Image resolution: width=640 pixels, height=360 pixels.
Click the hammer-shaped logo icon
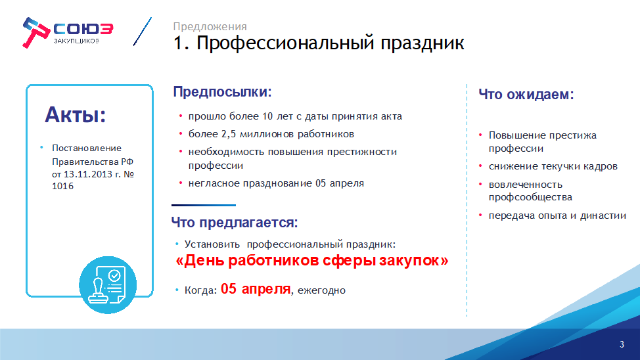pyautogui.click(x=36, y=32)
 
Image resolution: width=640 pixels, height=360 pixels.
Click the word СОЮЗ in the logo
pyautogui.click(x=83, y=29)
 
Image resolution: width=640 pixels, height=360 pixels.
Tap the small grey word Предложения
pyautogui.click(x=210, y=26)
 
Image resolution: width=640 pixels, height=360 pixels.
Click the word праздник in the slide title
pyautogui.click(x=422, y=43)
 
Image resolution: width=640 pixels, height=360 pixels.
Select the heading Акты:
pyautogui.click(x=76, y=115)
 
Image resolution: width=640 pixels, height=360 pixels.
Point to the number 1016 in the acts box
pyautogui.click(x=63, y=186)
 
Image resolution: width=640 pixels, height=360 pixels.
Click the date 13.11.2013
pyautogui.click(x=88, y=174)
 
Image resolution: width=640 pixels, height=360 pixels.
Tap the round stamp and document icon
pyautogui.click(x=108, y=285)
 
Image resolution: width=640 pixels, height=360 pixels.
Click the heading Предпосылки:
pyautogui.click(x=223, y=92)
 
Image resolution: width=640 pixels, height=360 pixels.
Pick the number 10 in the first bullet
pyautogui.click(x=267, y=116)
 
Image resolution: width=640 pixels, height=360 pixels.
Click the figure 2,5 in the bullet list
pyautogui.click(x=229, y=134)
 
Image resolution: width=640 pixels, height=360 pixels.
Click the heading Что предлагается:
pyautogui.click(x=235, y=223)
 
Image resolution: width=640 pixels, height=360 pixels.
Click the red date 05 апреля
pyautogui.click(x=256, y=289)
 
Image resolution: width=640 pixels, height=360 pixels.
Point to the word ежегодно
pyautogui.click(x=321, y=290)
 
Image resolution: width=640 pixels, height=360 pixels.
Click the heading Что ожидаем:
pyautogui.click(x=526, y=95)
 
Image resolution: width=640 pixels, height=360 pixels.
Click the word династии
pyautogui.click(x=603, y=215)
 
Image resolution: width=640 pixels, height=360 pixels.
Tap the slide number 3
pyautogui.click(x=622, y=344)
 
